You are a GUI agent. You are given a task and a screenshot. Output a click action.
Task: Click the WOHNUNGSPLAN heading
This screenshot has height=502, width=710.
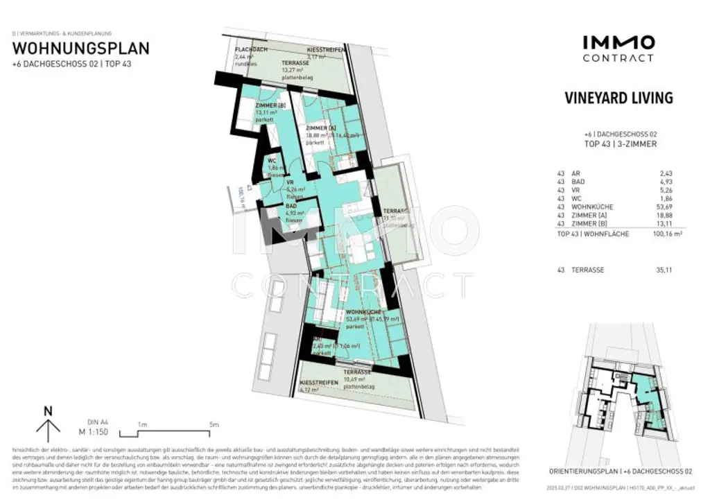tap(80, 49)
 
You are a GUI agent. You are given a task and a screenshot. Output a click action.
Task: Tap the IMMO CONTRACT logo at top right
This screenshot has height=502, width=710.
tap(618, 49)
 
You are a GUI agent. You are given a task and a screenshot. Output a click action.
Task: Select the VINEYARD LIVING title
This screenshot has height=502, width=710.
tap(618, 98)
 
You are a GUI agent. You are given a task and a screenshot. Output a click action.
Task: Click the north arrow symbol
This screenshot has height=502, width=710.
tap(48, 424)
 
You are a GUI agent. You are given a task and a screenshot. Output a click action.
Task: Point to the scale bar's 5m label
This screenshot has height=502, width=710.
tap(214, 424)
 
